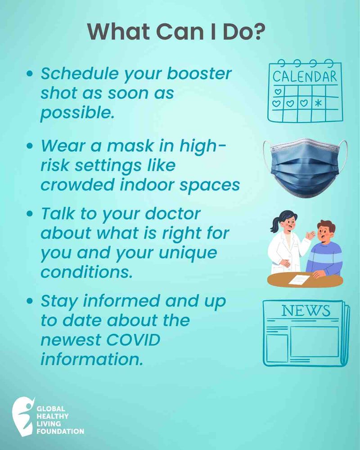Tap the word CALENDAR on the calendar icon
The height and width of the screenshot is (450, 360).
coord(305,77)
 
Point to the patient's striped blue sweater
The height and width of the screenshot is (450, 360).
coord(326,256)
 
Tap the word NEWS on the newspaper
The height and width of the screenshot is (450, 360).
coord(306,311)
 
